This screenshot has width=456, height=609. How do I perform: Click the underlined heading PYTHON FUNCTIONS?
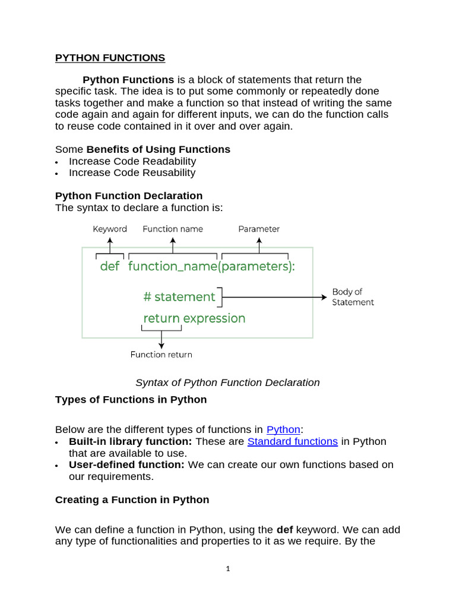110,58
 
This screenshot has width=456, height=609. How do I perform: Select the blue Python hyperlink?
283,429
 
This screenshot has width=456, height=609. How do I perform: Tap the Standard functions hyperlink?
292,441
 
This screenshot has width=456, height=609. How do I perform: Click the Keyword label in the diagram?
110,229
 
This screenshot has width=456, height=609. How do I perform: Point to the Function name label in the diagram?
172,229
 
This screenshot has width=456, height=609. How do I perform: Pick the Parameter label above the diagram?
259,229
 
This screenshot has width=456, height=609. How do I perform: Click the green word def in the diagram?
110,266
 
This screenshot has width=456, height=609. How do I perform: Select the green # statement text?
179,297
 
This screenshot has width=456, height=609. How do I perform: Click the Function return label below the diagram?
161,354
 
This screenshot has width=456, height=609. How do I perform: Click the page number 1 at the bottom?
227,569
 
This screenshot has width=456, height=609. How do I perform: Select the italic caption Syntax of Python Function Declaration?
227,382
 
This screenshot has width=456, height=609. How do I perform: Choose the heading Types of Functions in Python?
131,400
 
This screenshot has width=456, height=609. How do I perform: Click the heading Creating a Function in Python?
132,500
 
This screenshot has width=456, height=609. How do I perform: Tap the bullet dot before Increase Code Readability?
56,162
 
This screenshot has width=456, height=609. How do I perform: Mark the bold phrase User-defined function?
126,464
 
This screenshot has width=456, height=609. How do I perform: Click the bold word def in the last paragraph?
285,529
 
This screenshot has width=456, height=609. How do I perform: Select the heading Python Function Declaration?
129,196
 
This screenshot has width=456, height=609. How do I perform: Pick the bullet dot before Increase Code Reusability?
56,174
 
